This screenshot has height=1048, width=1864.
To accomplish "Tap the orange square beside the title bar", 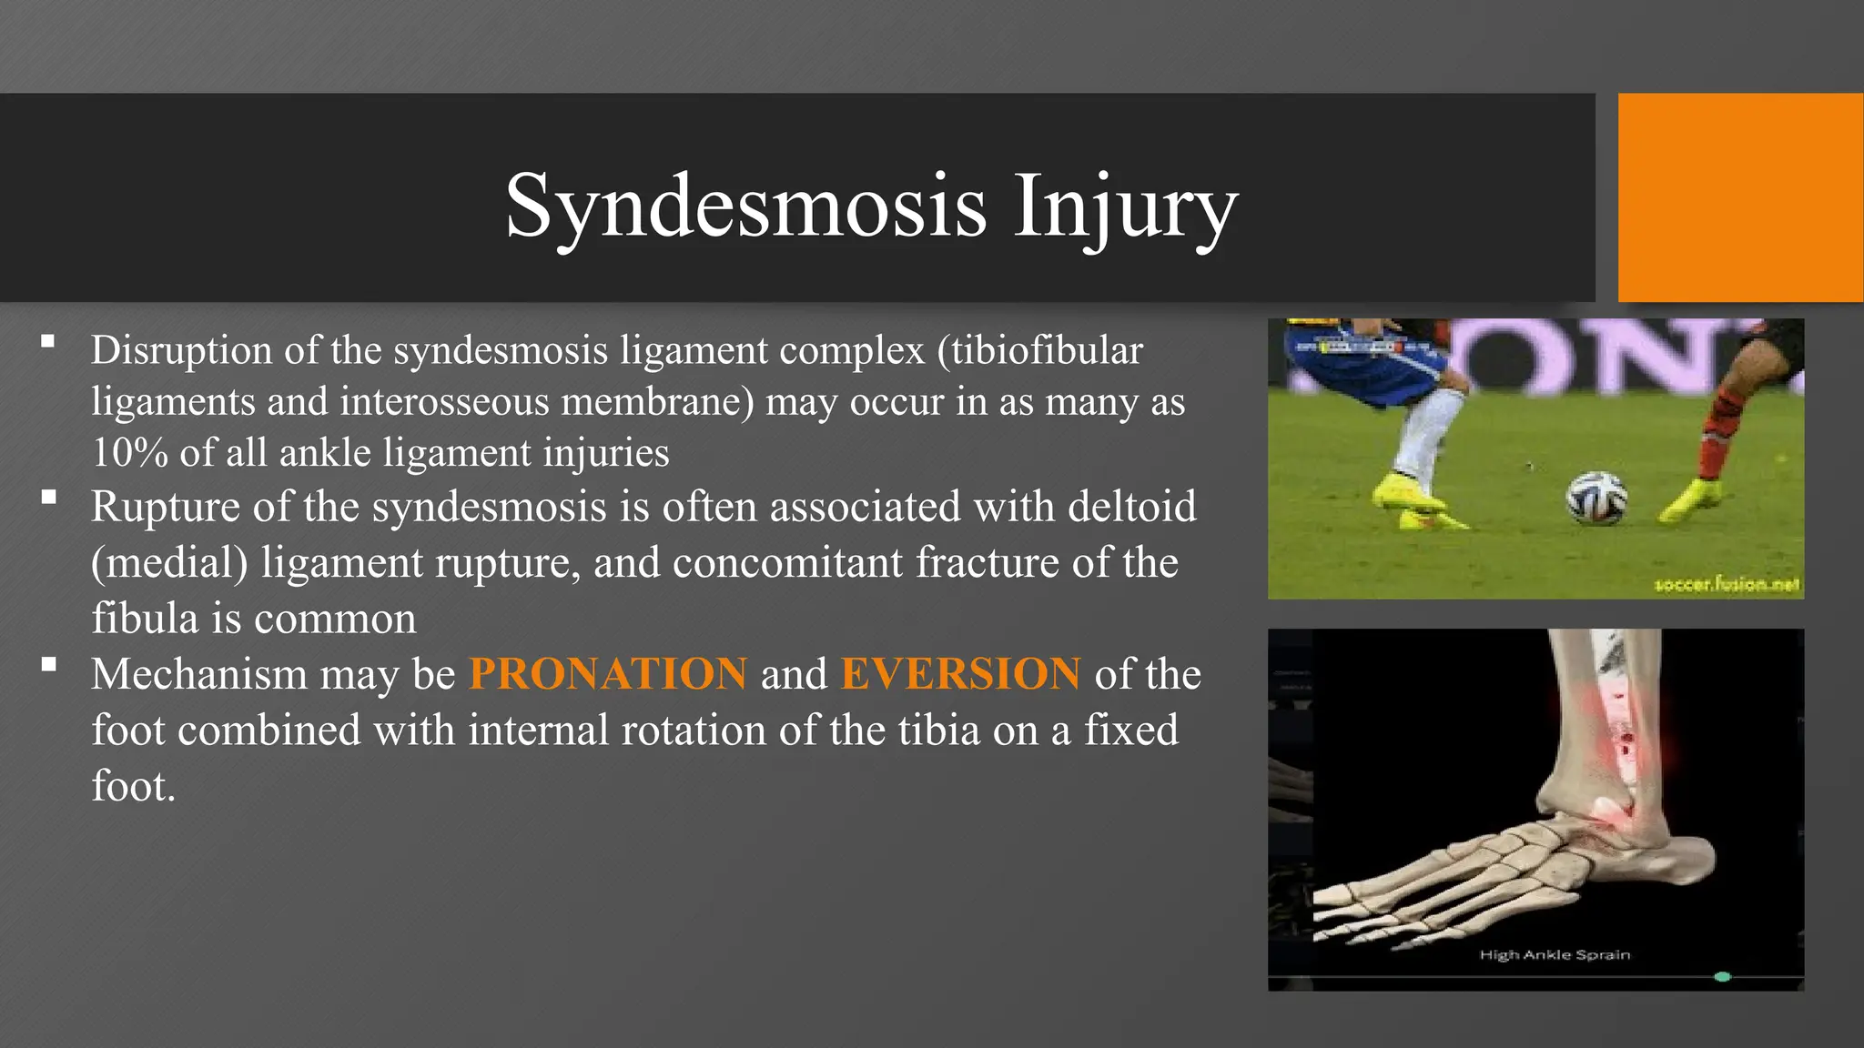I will click(1739, 197).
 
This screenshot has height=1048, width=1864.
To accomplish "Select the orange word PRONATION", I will click(608, 674).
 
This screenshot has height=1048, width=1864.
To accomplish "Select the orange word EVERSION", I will click(960, 674).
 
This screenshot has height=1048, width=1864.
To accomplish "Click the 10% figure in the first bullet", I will click(129, 453).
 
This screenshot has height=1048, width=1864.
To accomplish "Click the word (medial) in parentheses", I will click(169, 562).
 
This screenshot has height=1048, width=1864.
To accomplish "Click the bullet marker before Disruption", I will click(48, 343).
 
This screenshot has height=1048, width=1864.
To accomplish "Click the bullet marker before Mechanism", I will click(48, 665).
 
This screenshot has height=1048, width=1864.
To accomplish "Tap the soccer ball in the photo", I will click(1596, 498).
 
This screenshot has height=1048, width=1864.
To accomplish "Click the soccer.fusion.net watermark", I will click(1727, 585).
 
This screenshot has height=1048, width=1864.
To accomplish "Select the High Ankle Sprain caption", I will click(1555, 954).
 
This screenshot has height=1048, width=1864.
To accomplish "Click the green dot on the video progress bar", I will click(1722, 977).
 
